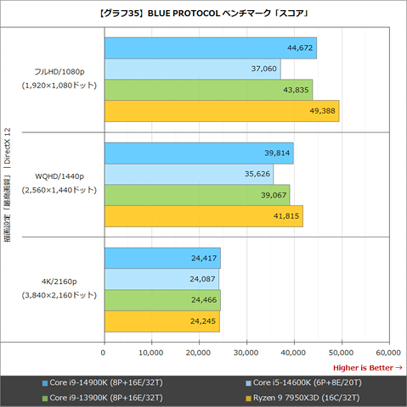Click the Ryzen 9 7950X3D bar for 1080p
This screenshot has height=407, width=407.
222,111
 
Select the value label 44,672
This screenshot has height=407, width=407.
300,47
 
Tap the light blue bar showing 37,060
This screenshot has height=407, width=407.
193,69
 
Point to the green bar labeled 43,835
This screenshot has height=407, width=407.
208,90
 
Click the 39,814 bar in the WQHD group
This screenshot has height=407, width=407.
199,153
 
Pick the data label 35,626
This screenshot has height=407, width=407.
257,174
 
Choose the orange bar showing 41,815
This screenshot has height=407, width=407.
204,216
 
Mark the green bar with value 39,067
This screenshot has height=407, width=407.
197,195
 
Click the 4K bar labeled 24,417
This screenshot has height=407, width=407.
162,259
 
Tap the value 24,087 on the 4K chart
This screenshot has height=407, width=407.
202,279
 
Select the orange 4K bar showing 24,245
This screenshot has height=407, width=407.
162,321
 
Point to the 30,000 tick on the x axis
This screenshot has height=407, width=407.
246,353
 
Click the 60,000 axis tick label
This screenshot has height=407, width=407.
388,353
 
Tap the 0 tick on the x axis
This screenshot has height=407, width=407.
103,353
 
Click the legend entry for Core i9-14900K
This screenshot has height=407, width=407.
103,382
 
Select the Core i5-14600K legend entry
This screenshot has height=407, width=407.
303,382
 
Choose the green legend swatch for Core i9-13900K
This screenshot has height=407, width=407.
45,399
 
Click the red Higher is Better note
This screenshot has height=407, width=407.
368,368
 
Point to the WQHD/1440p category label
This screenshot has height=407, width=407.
59,176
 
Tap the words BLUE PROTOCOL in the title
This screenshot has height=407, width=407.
184,14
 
